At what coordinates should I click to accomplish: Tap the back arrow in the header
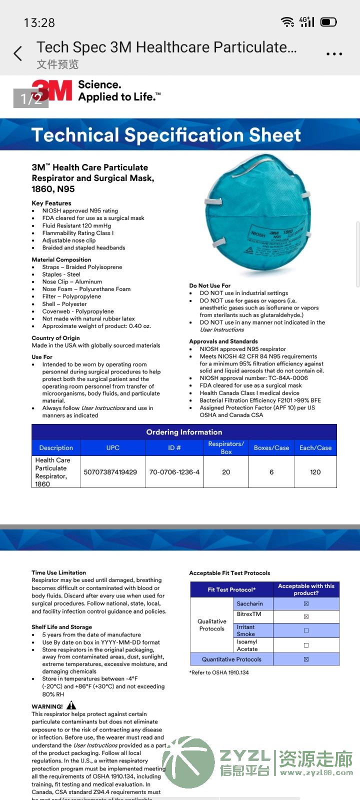pyautogui.click(x=18, y=53)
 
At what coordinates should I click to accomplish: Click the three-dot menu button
pyautogui.click(x=334, y=54)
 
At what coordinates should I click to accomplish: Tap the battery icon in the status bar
pyautogui.click(x=328, y=22)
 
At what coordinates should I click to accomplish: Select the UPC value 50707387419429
pyautogui.click(x=110, y=472)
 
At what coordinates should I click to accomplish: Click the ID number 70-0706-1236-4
pyautogui.click(x=174, y=472)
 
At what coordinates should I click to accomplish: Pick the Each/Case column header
pyautogui.click(x=315, y=448)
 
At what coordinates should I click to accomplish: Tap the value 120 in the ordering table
pyautogui.click(x=315, y=472)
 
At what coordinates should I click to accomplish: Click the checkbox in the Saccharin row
pyautogui.click(x=306, y=604)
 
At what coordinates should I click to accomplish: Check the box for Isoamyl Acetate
pyautogui.click(x=306, y=645)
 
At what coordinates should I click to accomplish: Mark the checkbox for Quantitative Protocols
pyautogui.click(x=306, y=659)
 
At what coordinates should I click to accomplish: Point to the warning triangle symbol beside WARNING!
pyautogui.click(x=71, y=705)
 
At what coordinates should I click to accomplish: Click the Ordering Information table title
pyautogui.click(x=184, y=432)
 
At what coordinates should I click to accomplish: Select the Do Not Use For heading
pyautogui.click(x=210, y=285)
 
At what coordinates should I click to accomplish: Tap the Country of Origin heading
pyautogui.click(x=55, y=338)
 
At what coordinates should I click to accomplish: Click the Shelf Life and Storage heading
pyautogui.click(x=62, y=627)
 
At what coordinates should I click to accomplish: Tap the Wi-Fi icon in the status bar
pyautogui.click(x=287, y=22)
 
